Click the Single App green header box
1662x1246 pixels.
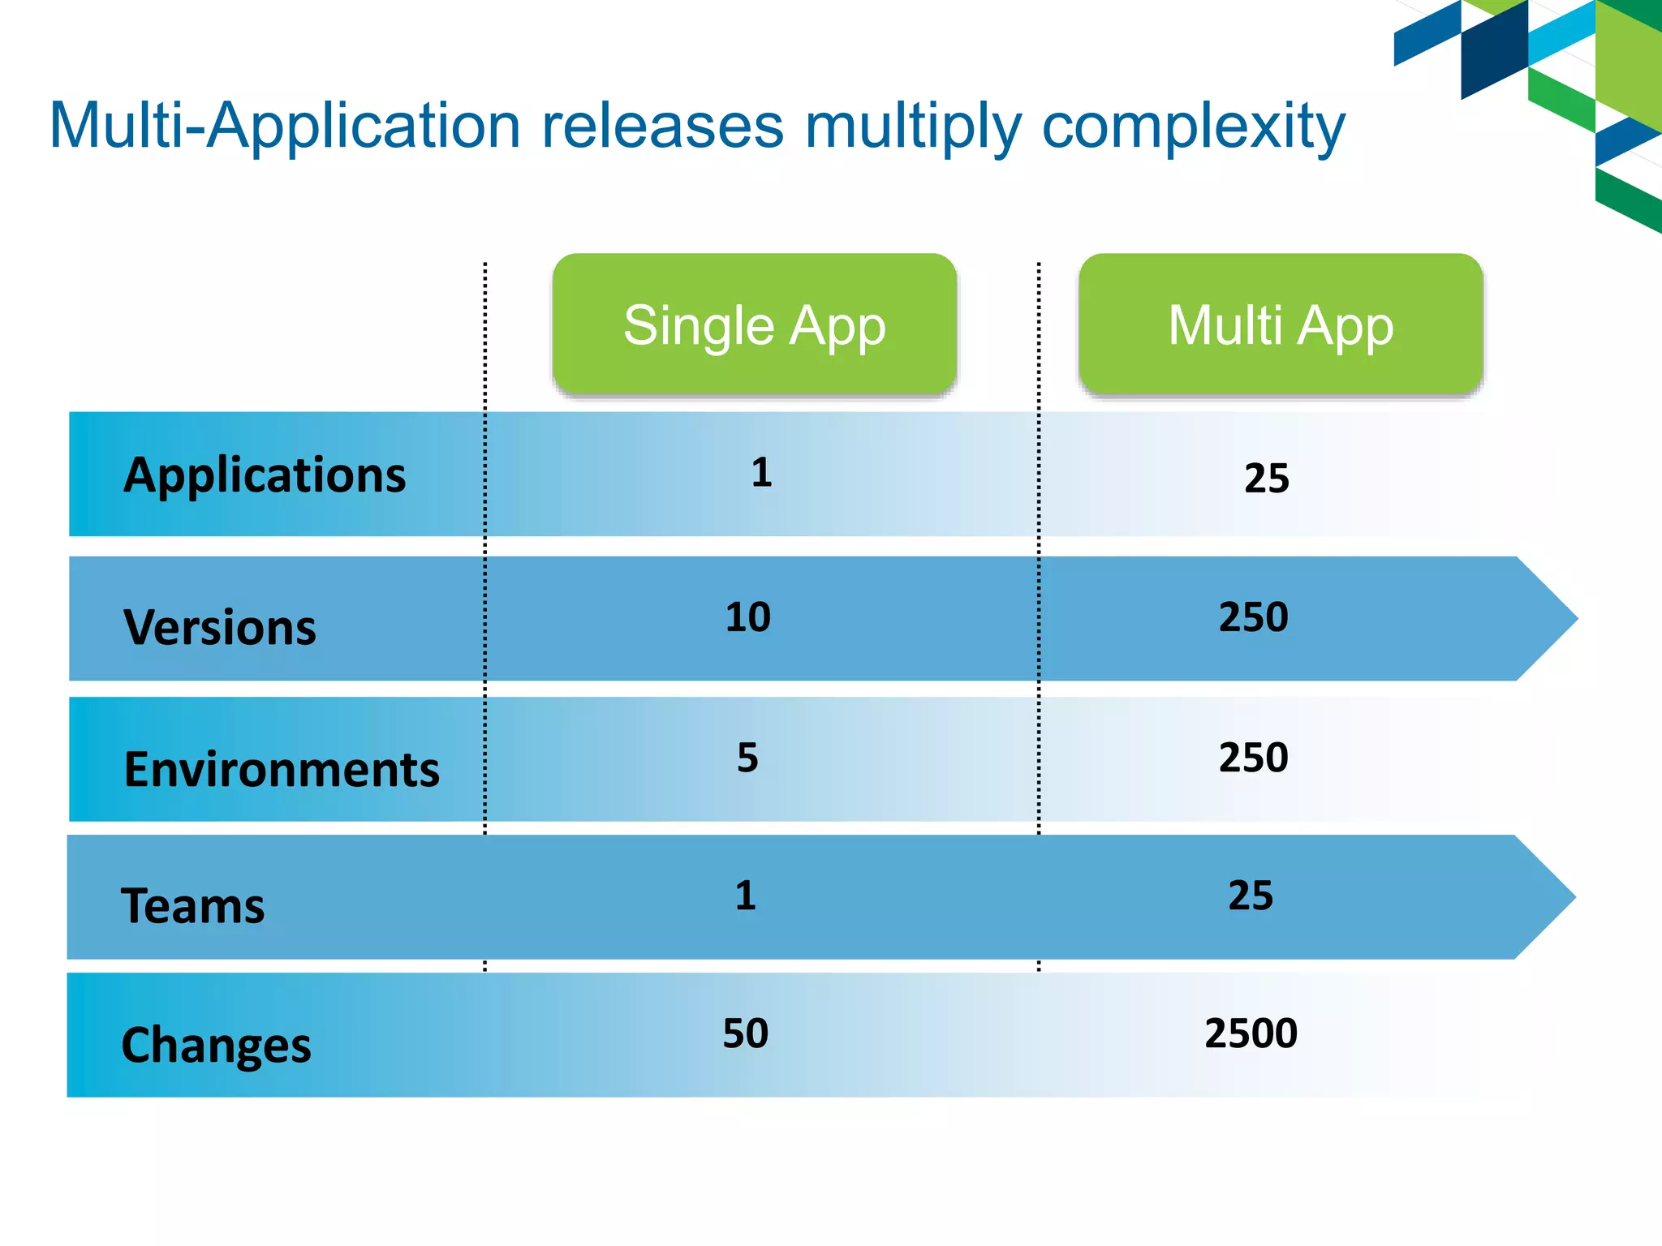pos(754,324)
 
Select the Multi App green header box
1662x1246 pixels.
pos(1280,324)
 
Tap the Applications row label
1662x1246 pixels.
pos(265,475)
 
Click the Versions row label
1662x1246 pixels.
pos(220,627)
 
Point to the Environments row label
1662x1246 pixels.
pos(282,768)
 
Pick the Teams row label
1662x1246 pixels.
pos(193,905)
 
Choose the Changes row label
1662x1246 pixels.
pos(216,1045)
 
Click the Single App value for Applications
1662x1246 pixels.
pos(761,473)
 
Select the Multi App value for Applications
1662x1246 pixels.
pos(1266,479)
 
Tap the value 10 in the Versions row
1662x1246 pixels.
pos(747,617)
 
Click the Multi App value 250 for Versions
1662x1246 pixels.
pos(1253,617)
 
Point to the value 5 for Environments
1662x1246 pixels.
pos(747,758)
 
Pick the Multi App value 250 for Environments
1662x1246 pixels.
pos(1253,758)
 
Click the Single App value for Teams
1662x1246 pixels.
pos(746,896)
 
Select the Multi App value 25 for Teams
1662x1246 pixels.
pos(1251,896)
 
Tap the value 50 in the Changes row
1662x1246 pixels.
pos(746,1033)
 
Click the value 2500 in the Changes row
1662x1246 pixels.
pos(1251,1033)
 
